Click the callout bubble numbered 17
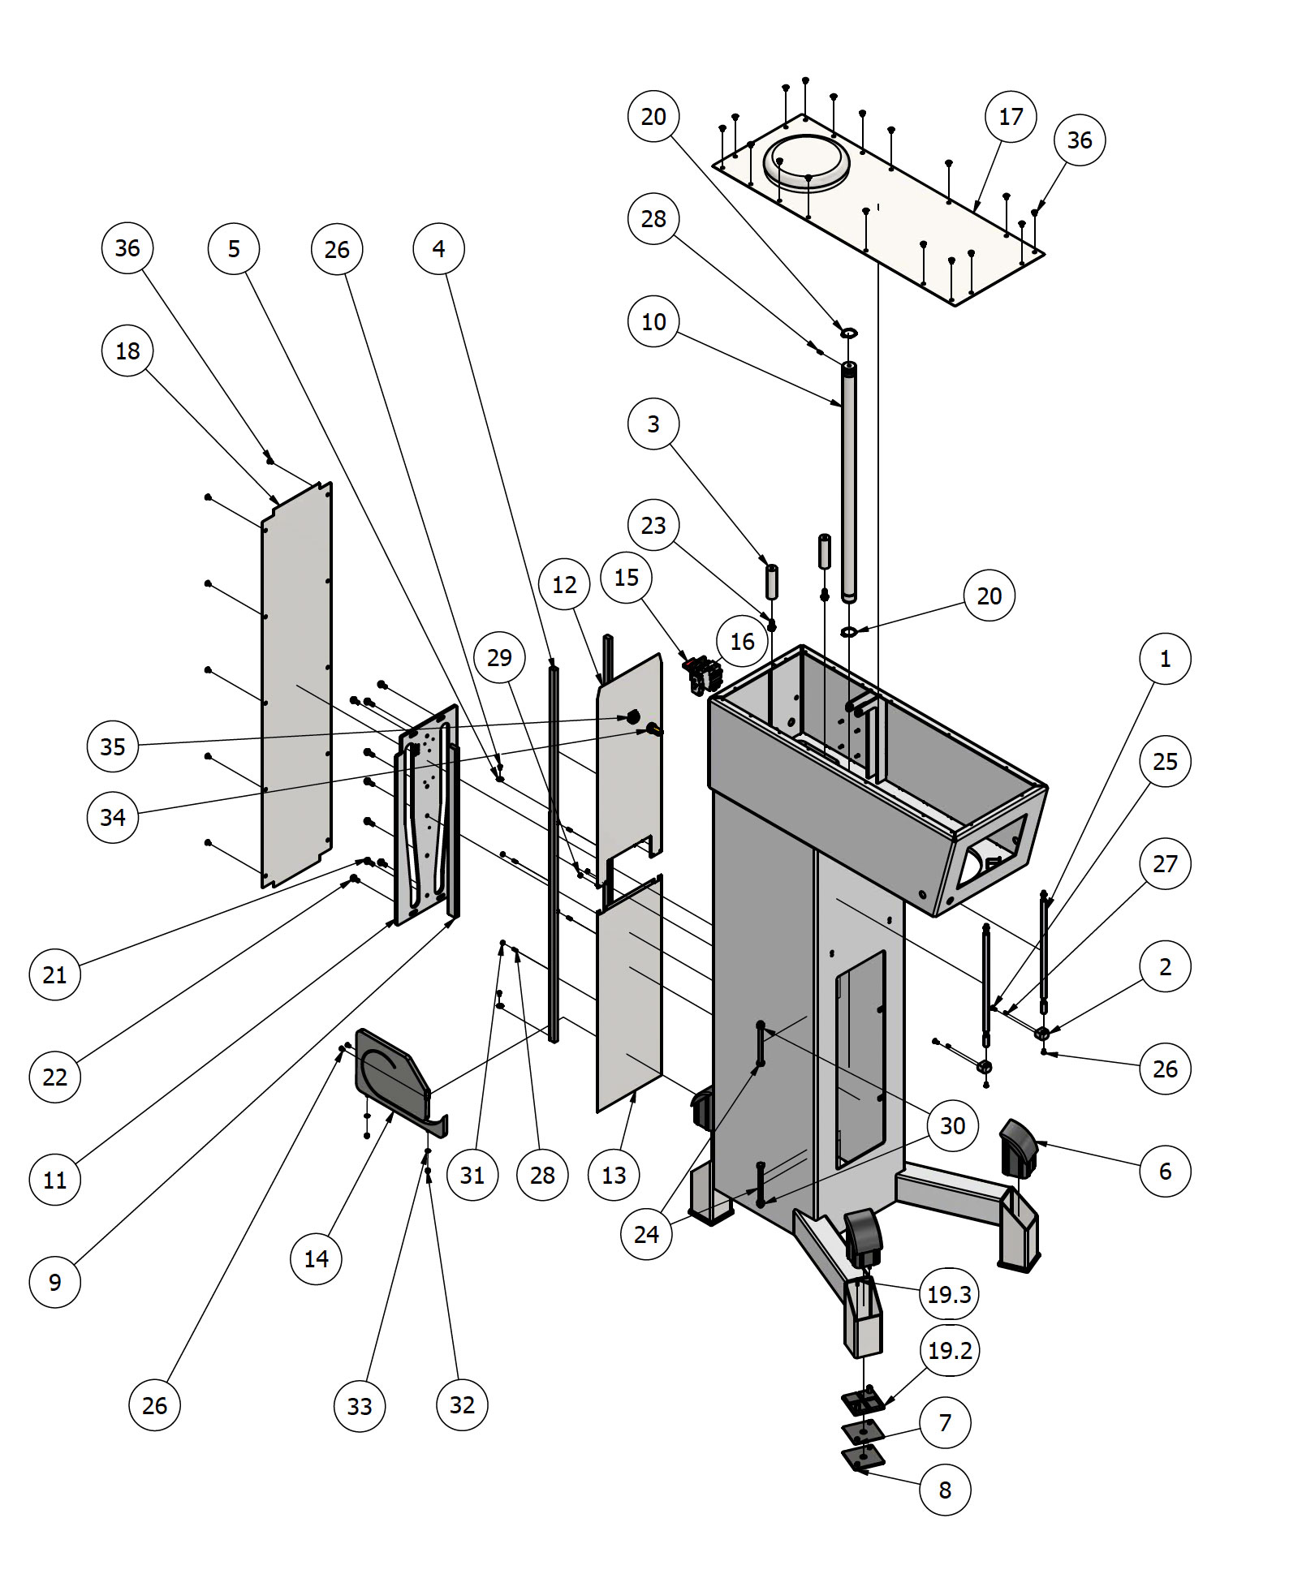click(x=1011, y=117)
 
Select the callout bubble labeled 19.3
click(x=949, y=1294)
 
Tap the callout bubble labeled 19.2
click(x=949, y=1351)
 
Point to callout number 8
click(x=945, y=1490)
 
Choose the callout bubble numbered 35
click(x=113, y=746)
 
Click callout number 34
click(x=113, y=817)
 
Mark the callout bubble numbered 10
click(x=653, y=322)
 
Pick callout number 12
click(x=564, y=585)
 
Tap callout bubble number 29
click(x=499, y=657)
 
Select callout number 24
click(x=646, y=1234)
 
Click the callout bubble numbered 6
click(x=1165, y=1171)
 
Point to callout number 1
click(x=1165, y=659)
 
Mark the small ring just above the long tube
click(x=849, y=333)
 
